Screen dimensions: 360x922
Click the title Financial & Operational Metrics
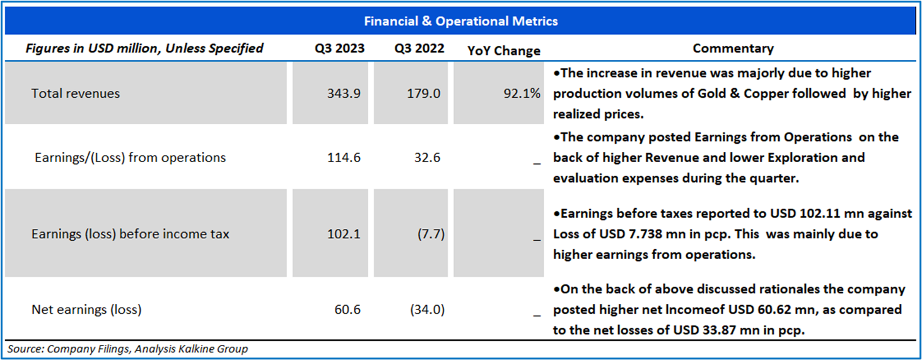pos(460,21)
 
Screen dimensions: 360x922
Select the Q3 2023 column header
pos(341,49)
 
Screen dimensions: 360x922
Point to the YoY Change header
pos(504,50)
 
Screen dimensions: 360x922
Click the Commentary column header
pos(733,49)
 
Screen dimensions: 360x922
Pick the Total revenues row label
pos(76,93)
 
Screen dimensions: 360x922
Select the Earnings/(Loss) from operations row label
pos(130,158)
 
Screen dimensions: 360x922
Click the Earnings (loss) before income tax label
pos(130,234)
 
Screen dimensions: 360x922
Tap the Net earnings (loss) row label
pos(86,310)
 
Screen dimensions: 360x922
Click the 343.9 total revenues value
pos(344,93)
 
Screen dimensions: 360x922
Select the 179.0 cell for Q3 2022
pos(424,93)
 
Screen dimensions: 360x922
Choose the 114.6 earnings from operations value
pos(344,158)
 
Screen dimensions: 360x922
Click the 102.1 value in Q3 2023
pos(344,234)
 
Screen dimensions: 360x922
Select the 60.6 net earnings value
pos(348,310)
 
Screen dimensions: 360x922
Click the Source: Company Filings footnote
pos(128,349)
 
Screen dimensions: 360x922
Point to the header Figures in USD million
pos(144,49)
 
